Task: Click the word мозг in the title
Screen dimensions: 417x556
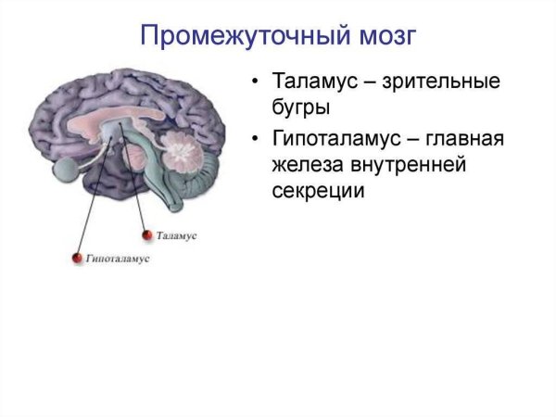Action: pyautogui.click(x=380, y=38)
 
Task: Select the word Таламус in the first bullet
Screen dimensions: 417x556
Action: pyautogui.click(x=312, y=81)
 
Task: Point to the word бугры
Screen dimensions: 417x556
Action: pyautogui.click(x=301, y=107)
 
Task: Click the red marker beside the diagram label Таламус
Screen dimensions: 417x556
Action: pyautogui.click(x=145, y=237)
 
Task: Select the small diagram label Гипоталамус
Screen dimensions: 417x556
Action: pyautogui.click(x=117, y=259)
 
